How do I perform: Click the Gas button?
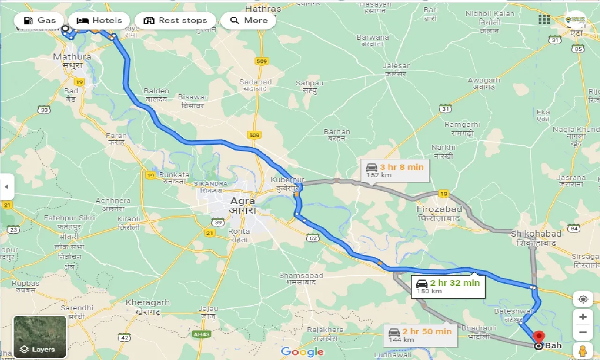coord(39,21)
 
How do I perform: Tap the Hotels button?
coord(99,21)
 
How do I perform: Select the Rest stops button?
coord(175,21)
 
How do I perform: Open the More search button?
coord(248,21)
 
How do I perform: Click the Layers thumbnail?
coord(40,337)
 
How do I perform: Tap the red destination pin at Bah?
coord(539,337)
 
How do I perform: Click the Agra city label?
coord(242,202)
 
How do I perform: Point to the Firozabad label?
coord(439,209)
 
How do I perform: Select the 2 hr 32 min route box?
coord(448,286)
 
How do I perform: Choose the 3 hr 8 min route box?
coord(395,171)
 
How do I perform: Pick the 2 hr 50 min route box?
coord(420,335)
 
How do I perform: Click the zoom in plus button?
coord(583,317)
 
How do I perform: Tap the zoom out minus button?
coord(583,333)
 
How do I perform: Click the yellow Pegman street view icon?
coord(583,351)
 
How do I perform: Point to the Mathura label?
coord(72,57)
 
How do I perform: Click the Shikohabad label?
coord(536,234)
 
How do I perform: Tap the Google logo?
coord(302,352)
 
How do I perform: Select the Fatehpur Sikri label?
coord(69,218)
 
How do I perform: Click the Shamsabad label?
coord(301,276)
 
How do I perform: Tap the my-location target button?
coord(583,299)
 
